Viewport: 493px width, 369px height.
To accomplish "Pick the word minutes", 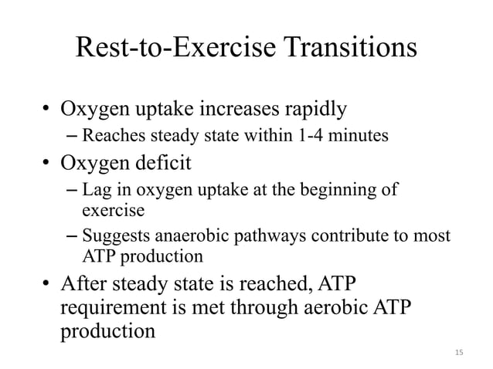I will (x=358, y=138).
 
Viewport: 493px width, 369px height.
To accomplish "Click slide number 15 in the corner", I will (x=459, y=353).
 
